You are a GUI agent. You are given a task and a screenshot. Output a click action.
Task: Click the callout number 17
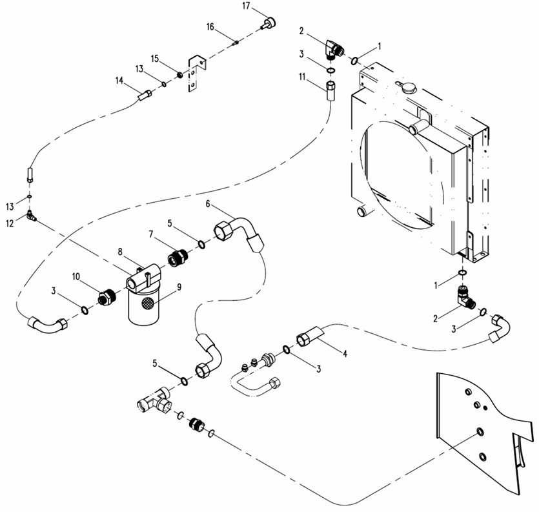click(x=246, y=6)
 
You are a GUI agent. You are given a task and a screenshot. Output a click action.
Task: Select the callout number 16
click(x=210, y=26)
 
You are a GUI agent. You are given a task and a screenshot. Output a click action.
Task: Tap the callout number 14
click(x=119, y=81)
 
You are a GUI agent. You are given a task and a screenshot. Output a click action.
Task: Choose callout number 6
click(x=208, y=204)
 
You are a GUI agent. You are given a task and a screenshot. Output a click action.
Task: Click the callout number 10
click(x=76, y=276)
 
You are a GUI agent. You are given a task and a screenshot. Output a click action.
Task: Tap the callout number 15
click(x=155, y=59)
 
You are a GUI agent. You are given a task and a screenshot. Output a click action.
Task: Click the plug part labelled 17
click(x=267, y=24)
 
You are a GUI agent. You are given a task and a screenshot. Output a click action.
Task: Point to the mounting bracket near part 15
click(x=195, y=73)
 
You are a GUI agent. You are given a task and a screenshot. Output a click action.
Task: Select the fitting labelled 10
click(x=104, y=298)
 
